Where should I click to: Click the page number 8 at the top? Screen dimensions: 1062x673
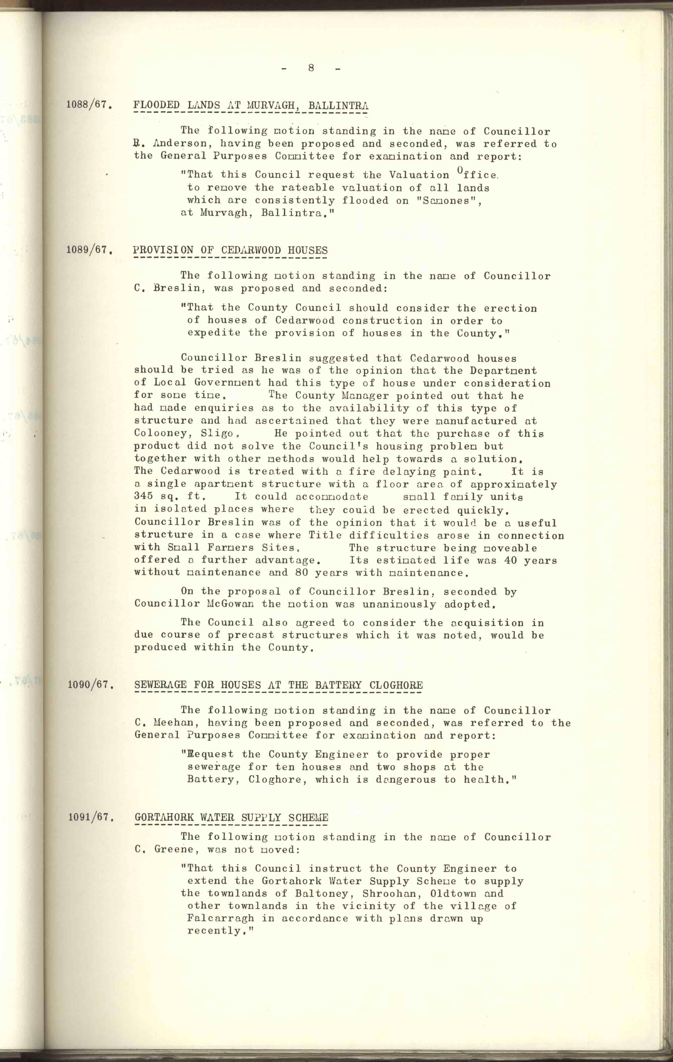click(x=311, y=68)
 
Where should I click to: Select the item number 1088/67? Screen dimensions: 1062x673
click(x=88, y=105)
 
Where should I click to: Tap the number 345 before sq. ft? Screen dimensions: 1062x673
click(x=143, y=496)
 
